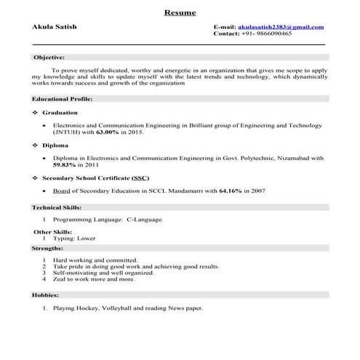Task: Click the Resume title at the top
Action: click(x=180, y=12)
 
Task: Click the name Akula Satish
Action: click(x=55, y=27)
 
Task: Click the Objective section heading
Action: click(x=49, y=57)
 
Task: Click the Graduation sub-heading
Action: click(x=60, y=113)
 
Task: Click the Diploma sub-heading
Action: click(x=55, y=145)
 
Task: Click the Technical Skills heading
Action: click(x=56, y=207)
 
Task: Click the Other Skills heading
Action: click(x=52, y=231)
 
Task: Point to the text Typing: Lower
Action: click(x=74, y=239)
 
